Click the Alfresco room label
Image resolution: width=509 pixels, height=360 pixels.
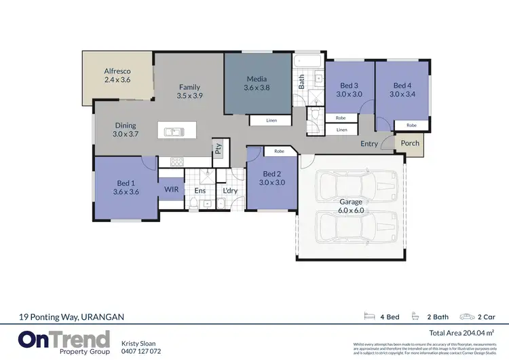(117, 71)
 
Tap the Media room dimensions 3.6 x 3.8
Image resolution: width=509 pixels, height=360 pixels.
(257, 88)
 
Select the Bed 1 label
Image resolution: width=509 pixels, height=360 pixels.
(126, 183)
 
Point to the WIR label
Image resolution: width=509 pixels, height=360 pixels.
(171, 190)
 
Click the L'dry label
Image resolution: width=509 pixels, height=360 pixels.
(230, 191)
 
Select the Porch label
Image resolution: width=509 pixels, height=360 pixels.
(410, 143)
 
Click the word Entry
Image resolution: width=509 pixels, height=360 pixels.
(369, 144)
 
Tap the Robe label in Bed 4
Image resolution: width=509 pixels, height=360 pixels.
(411, 126)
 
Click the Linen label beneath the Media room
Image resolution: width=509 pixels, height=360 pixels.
(271, 121)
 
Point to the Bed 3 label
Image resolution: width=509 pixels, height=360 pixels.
(349, 86)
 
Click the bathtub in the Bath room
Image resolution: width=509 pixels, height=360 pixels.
(308, 62)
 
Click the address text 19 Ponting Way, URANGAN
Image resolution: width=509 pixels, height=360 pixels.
(72, 317)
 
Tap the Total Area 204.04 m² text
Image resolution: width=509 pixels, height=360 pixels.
(461, 333)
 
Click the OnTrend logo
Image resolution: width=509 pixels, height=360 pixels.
(64, 341)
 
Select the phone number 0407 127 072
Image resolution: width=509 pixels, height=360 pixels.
(141, 351)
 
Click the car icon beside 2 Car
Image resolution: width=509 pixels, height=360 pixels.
(468, 317)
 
